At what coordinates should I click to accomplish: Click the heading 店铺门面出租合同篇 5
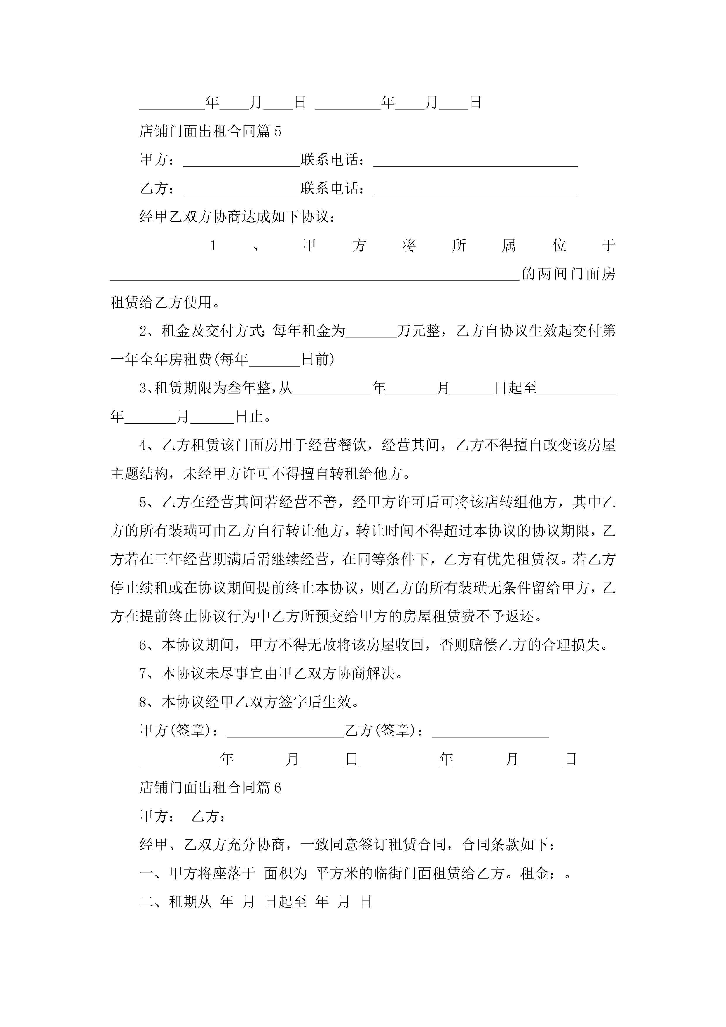pyautogui.click(x=210, y=131)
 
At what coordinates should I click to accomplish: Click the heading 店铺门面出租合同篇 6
pyautogui.click(x=210, y=788)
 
